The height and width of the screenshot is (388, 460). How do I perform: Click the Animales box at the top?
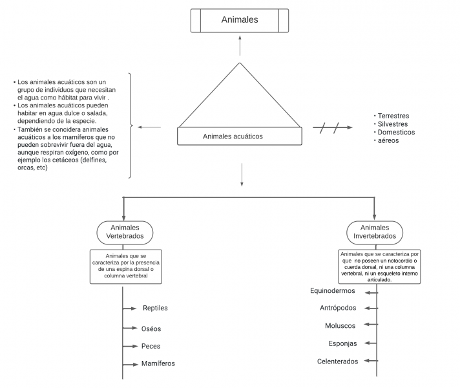240,20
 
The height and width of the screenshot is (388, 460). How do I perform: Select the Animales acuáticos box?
240,136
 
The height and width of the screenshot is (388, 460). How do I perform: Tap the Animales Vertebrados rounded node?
125,232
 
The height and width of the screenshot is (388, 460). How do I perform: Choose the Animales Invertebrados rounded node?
375,232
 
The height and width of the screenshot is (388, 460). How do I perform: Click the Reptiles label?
155,308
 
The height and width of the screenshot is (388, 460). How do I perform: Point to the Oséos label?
151,329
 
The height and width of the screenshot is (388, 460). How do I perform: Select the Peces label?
151,347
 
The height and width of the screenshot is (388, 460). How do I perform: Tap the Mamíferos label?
158,364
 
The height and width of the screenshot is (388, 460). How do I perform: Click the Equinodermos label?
333,292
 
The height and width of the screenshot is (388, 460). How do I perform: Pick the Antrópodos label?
337,308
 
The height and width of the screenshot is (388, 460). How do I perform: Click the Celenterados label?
337,361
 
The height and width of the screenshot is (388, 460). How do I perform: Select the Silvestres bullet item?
393,124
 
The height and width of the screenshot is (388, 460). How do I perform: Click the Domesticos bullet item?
396,133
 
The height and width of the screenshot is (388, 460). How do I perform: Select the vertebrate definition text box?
126,266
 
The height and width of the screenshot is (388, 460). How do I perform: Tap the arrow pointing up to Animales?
240,45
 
